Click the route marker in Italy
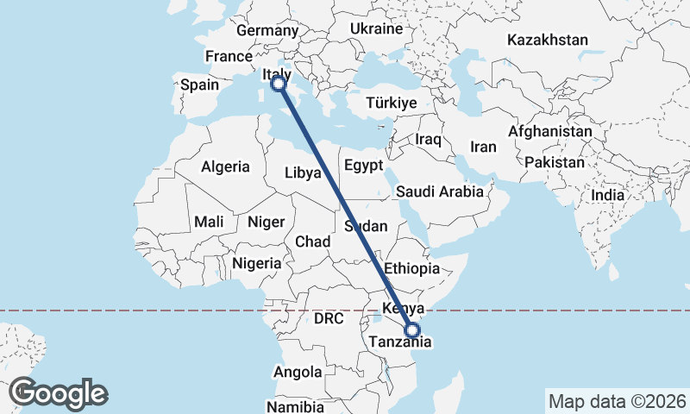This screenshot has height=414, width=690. pos(279,84)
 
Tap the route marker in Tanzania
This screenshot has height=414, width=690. pos(412,329)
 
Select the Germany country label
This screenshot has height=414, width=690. pos(267,31)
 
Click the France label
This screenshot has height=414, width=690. pos(228,57)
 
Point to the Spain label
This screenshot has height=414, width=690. pos(199,85)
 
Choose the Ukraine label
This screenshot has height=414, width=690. pos(376,29)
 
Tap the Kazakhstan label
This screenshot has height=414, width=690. pos(548,41)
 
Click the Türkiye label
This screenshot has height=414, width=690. pos(392,103)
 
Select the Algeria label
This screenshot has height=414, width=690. pos(225,167)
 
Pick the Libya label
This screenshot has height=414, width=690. pos(303,173)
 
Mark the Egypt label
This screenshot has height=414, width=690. pos(362,165)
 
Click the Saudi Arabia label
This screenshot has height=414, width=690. pos(440,192)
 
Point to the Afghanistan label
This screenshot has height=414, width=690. pos(550,132)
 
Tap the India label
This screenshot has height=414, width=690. pos(608,196)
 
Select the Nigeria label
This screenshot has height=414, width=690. pos(257,263)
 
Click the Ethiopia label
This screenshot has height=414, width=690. pos(413,268)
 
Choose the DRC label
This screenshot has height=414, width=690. pos(329,319)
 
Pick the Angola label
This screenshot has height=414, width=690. pos(297,373)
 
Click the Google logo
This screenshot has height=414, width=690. pos(59,393)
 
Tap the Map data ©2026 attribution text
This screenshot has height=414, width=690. pos(617,401)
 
